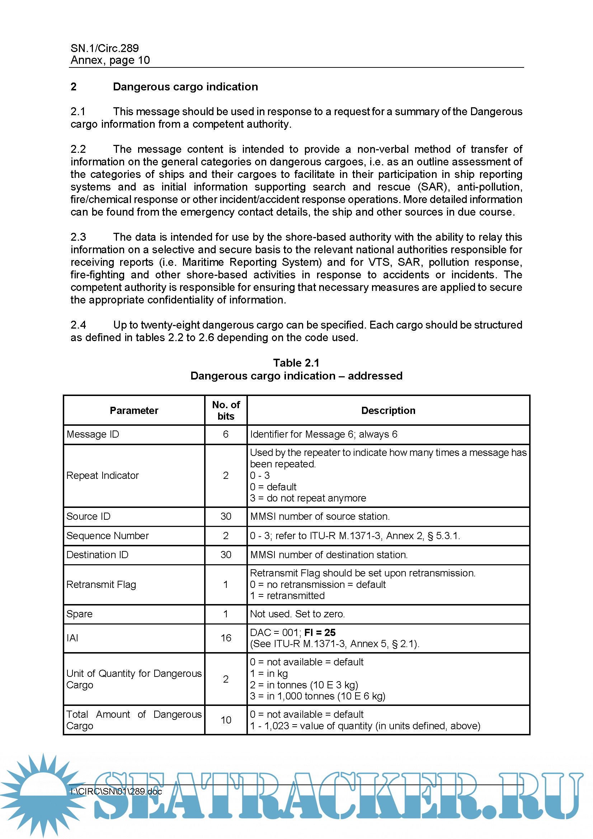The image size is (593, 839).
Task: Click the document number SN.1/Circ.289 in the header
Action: pyautogui.click(x=104, y=48)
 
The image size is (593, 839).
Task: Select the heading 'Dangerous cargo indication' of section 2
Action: pyautogui.click(x=185, y=86)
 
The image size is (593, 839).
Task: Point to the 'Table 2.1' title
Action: pyautogui.click(x=296, y=363)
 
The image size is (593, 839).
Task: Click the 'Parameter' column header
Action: pyautogui.click(x=134, y=410)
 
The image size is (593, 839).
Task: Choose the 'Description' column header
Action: pyautogui.click(x=388, y=410)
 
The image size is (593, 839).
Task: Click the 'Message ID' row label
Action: pyautogui.click(x=93, y=434)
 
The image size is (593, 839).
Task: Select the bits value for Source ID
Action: pyautogui.click(x=225, y=516)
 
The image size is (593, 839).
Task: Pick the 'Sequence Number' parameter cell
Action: pyautogui.click(x=107, y=536)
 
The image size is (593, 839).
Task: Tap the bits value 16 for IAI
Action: pyautogui.click(x=225, y=638)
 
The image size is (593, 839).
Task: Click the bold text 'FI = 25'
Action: pyautogui.click(x=320, y=632)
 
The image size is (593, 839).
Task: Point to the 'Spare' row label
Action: pyautogui.click(x=79, y=614)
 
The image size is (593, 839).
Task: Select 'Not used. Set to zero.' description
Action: pyautogui.click(x=297, y=614)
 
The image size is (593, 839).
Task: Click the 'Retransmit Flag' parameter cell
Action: pyautogui.click(x=101, y=584)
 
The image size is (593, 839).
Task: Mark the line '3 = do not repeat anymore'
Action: pyautogui.click(x=308, y=498)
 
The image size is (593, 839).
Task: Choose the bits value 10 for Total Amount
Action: pyautogui.click(x=225, y=720)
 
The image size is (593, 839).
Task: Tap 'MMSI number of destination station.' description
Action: pyautogui.click(x=329, y=555)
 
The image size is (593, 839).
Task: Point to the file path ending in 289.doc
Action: pyautogui.click(x=116, y=791)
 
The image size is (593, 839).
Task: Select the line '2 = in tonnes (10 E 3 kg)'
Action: pyautogui.click(x=303, y=685)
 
